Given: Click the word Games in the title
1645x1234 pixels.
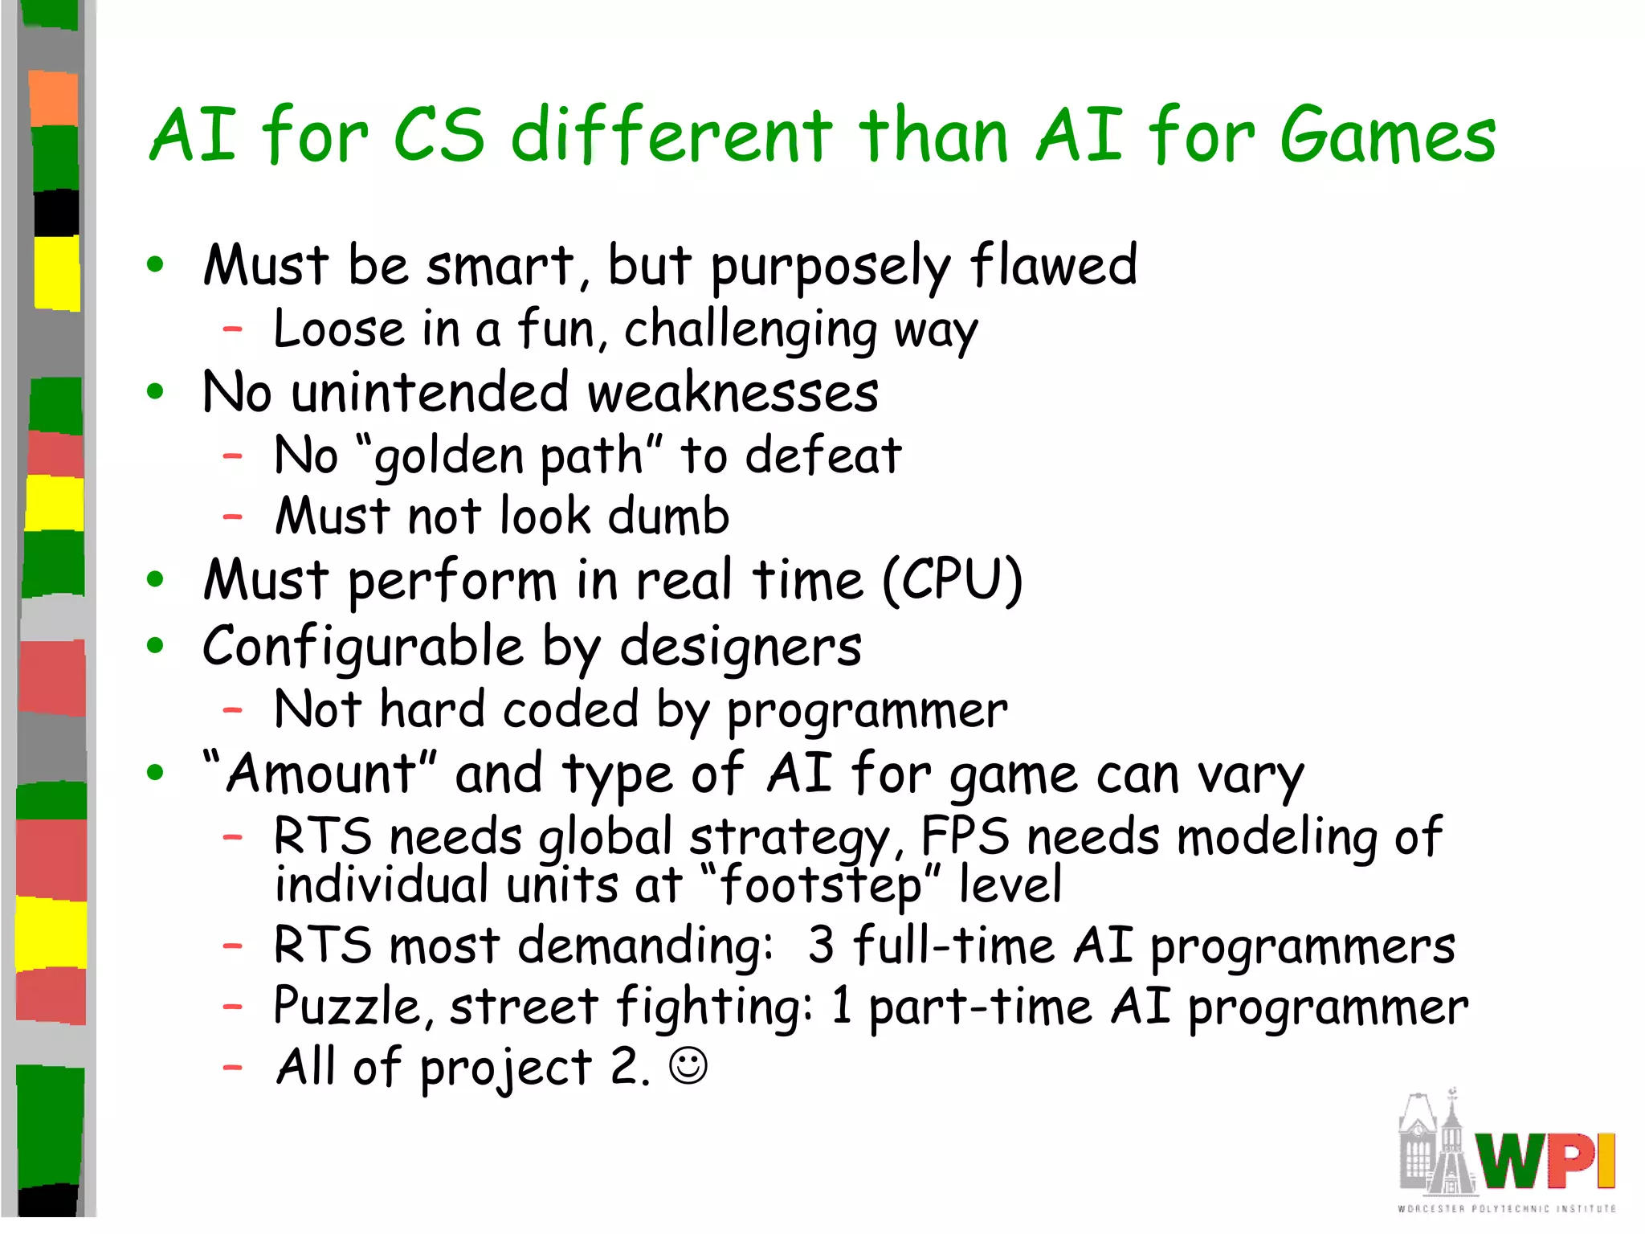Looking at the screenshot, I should (x=1388, y=137).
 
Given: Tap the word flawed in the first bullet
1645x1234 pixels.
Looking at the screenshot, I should (x=1054, y=265).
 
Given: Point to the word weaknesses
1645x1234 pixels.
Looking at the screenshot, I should (x=733, y=394).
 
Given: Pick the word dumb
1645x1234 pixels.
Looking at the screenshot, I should (x=668, y=517).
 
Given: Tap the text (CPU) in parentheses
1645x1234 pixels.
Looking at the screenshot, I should (x=953, y=580).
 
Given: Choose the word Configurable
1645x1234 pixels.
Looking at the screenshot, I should (x=363, y=648).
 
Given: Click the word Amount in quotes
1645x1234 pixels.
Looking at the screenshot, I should (x=320, y=774).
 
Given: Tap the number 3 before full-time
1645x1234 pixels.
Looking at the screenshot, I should (x=821, y=946).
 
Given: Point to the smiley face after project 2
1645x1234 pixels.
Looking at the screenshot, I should (x=688, y=1067).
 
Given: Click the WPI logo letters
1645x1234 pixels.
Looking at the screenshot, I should (x=1547, y=1159).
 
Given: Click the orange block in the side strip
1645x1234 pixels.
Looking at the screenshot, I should (x=54, y=98).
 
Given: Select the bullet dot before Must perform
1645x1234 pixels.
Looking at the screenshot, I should (x=156, y=580).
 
